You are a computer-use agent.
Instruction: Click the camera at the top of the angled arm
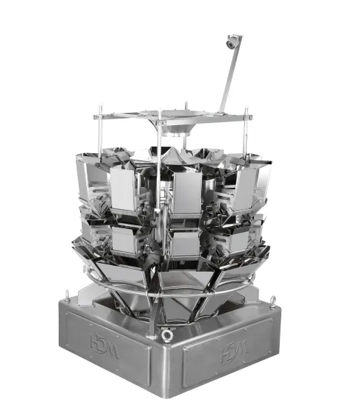(232, 41)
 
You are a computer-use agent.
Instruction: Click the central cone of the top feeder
(177, 154)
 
